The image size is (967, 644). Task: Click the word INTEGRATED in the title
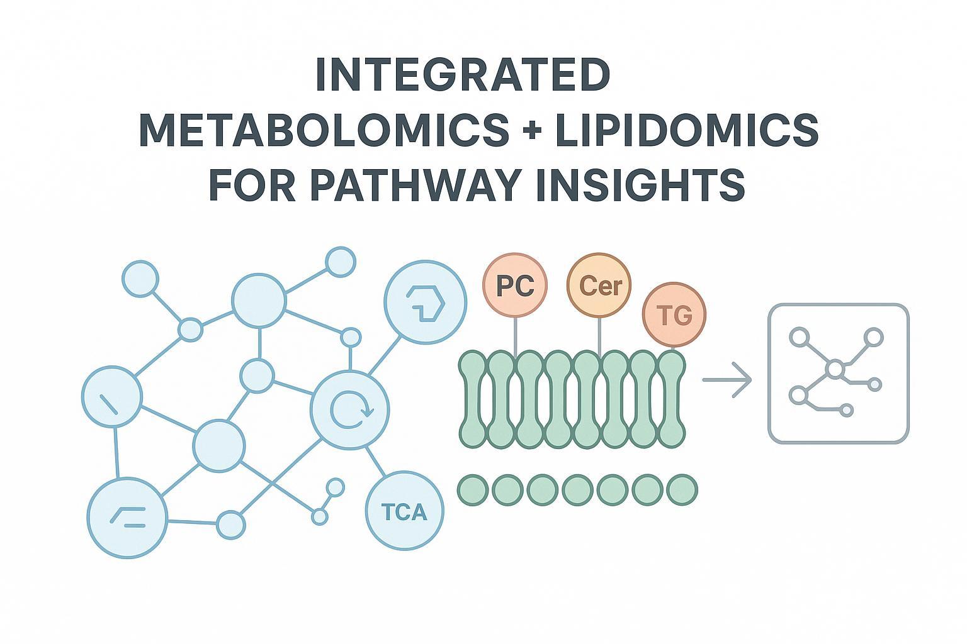pos(463,75)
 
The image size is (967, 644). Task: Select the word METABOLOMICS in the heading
pos(324,130)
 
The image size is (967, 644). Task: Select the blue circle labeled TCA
pos(404,512)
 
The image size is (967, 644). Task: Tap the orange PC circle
pos(515,286)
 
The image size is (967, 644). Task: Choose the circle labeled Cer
pos(599,286)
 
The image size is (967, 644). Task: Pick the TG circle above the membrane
pos(674,314)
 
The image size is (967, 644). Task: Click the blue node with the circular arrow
pos(351,410)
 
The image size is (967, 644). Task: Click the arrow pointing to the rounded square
pos(728,380)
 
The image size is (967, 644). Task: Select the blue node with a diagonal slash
pos(112,396)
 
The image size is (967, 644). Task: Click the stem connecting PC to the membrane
pos(516,335)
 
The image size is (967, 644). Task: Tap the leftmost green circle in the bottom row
pos(473,491)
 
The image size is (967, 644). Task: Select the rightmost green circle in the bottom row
pos(681,491)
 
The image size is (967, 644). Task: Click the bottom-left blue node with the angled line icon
pos(127,517)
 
